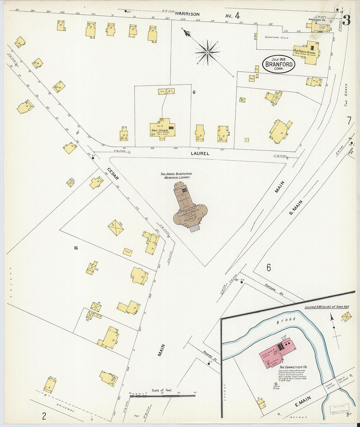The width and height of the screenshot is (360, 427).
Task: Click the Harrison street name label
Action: coord(187,14)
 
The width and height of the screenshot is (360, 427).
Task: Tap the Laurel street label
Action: coord(200,153)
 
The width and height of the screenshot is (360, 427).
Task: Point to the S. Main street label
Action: coord(296,208)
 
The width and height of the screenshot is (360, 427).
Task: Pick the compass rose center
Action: coord(207,52)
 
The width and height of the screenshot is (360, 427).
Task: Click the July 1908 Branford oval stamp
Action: coord(279,64)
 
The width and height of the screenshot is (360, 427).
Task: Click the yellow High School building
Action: coord(162,129)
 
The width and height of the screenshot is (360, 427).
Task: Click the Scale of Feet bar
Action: coord(162,396)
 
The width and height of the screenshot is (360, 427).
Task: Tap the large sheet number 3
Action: coord(346,20)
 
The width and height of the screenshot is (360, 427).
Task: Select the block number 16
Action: coord(76,248)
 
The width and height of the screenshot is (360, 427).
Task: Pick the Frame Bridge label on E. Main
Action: coord(331,388)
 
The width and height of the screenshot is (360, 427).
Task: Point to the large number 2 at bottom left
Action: coord(44,416)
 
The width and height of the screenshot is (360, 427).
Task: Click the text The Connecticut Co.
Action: coord(293,367)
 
